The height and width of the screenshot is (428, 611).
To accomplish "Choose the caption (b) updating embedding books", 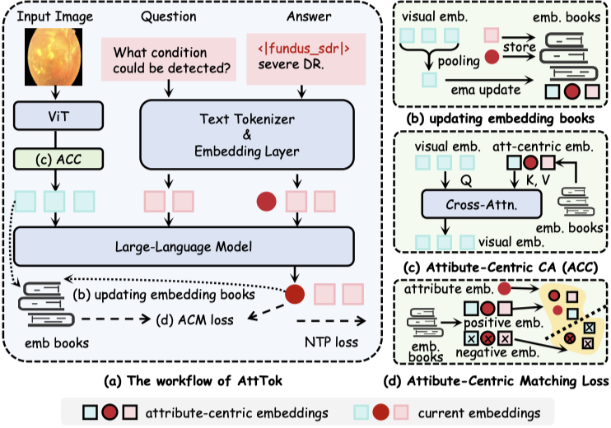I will [501, 117].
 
